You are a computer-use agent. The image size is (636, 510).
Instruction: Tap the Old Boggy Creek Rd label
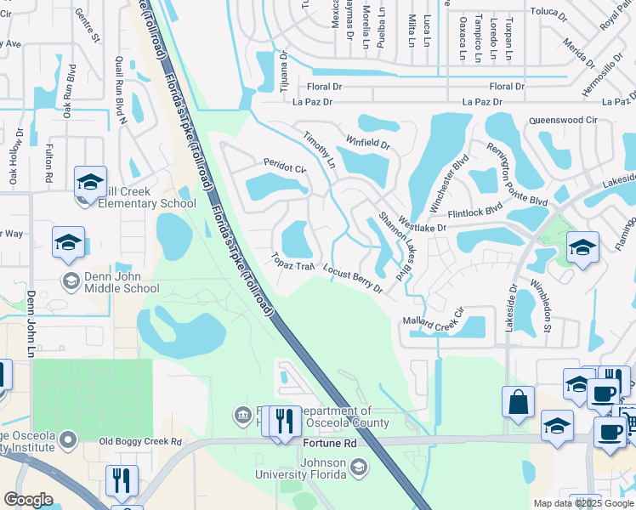140,442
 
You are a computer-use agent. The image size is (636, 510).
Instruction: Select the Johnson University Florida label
311,469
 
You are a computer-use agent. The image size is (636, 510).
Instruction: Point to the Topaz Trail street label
293,261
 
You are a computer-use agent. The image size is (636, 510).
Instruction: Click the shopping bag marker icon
518,401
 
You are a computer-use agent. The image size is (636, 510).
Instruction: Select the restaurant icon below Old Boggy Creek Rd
122,481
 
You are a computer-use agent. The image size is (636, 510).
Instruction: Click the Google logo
28,500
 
